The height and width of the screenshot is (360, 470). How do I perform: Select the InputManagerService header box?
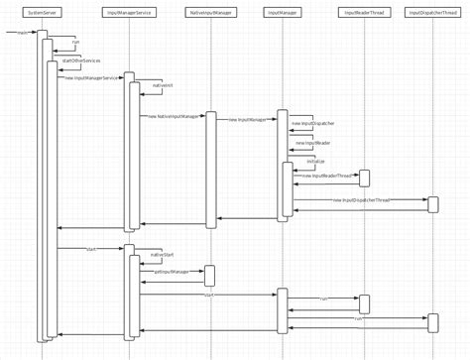pyautogui.click(x=128, y=12)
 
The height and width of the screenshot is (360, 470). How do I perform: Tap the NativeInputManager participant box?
pyautogui.click(x=209, y=12)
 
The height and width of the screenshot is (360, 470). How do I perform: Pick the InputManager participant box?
pyautogui.click(x=282, y=12)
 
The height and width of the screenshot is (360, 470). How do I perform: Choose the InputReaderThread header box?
pyautogui.click(x=363, y=12)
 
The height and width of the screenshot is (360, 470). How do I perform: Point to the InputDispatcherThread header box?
pyautogui.click(x=432, y=12)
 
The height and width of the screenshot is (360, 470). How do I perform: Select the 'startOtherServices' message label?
pyautogui.click(x=81, y=60)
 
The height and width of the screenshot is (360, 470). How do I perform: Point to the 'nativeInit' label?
pyautogui.click(x=162, y=87)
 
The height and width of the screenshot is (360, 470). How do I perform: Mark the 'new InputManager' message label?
pyautogui.click(x=247, y=119)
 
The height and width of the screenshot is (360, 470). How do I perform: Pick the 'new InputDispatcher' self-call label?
pyautogui.click(x=312, y=124)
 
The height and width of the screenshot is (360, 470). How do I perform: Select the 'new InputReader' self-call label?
pyautogui.click(x=312, y=142)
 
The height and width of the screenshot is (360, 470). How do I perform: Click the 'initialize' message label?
pyautogui.click(x=315, y=160)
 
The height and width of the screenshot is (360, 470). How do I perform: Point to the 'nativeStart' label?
pyautogui.click(x=163, y=255)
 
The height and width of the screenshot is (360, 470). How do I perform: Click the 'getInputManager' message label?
pyautogui.click(x=172, y=271)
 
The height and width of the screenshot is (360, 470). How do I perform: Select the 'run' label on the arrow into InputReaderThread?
pyautogui.click(x=323, y=298)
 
